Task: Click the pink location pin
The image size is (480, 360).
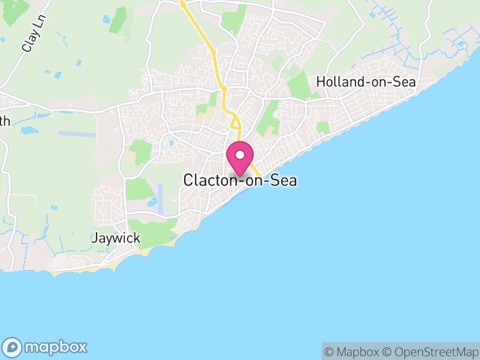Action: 240,158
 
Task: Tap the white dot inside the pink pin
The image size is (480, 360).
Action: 240,155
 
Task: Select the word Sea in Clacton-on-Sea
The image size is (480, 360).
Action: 283,180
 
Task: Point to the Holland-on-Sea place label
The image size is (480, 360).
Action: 366,82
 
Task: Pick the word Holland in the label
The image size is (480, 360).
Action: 338,82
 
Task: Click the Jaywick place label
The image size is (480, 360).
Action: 116,238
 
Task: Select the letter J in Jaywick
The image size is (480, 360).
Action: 95,238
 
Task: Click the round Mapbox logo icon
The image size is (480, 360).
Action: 13,347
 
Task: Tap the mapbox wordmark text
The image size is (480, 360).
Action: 55,347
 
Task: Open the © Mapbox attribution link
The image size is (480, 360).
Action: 353,352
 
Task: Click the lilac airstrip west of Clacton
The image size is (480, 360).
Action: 77,134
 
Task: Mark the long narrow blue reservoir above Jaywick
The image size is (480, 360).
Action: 160,198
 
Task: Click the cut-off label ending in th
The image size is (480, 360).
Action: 5,121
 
